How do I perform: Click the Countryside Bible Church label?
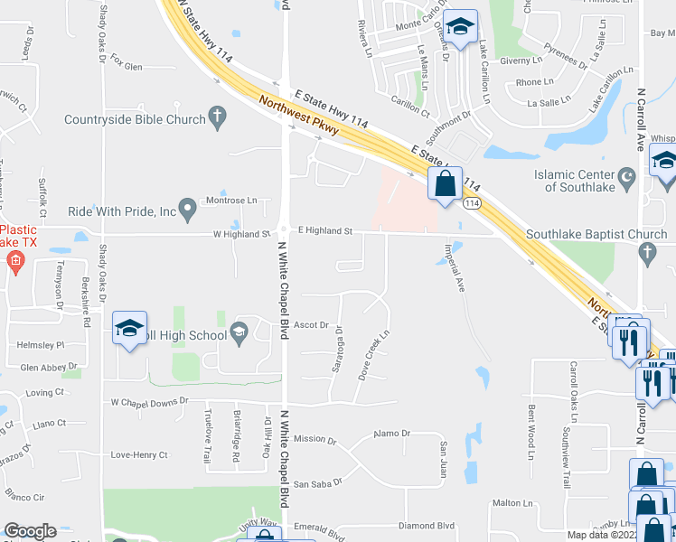(135, 118)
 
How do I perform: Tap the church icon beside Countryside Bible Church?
(216, 117)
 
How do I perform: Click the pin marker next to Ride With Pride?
(187, 210)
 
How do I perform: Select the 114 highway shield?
(473, 204)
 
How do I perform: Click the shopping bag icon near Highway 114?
(445, 185)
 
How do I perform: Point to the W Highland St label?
(241, 234)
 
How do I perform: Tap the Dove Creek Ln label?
(373, 353)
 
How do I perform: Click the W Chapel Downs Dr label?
(148, 401)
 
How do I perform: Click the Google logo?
(30, 531)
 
